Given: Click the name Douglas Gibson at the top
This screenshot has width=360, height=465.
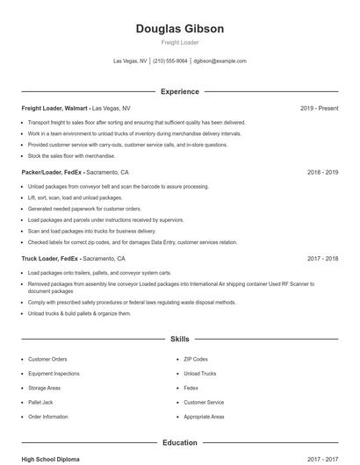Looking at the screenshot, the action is [180, 29].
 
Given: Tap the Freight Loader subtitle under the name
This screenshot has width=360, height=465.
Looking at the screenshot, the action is [180, 42].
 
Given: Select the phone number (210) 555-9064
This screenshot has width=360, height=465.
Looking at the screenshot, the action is [171, 61].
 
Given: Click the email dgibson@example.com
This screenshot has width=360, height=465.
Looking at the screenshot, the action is [220, 61].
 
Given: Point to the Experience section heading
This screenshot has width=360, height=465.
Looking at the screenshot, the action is [180, 91].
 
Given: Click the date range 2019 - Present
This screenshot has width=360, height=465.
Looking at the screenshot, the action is [319, 108].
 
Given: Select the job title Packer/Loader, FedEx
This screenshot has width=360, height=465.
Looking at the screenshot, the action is [54, 173].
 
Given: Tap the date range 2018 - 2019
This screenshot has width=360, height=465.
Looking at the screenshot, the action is [322, 173].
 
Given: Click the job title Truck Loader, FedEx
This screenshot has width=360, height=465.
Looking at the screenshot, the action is [51, 259].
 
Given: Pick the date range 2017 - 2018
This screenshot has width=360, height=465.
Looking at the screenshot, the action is [322, 259].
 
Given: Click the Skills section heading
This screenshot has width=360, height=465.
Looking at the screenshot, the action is [180, 339].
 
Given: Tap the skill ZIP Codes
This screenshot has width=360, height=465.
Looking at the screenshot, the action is [196, 359].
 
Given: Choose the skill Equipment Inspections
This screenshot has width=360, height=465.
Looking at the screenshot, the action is [54, 374].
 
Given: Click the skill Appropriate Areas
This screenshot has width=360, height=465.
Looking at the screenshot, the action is [204, 417].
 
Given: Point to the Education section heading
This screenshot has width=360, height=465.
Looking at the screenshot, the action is [180, 443].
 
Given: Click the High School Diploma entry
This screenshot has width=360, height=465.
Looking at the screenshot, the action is [51, 459].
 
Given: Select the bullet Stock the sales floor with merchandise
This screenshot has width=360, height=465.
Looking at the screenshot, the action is [71, 155].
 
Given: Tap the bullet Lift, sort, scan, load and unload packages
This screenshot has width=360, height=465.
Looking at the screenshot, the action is [75, 198].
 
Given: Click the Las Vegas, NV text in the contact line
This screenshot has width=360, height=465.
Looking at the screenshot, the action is [131, 61].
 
